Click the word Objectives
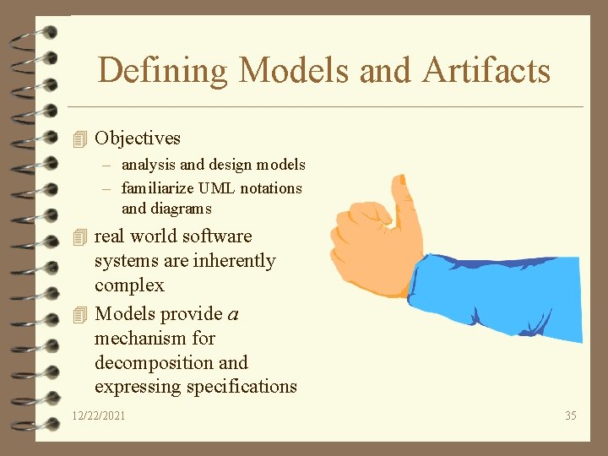[138, 138]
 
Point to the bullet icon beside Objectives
[80, 138]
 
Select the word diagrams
[178, 209]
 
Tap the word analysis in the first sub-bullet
[148, 165]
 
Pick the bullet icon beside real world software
[80, 236]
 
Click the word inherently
[234, 261]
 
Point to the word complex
[129, 285]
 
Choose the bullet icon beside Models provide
[80, 314]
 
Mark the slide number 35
[571, 415]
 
